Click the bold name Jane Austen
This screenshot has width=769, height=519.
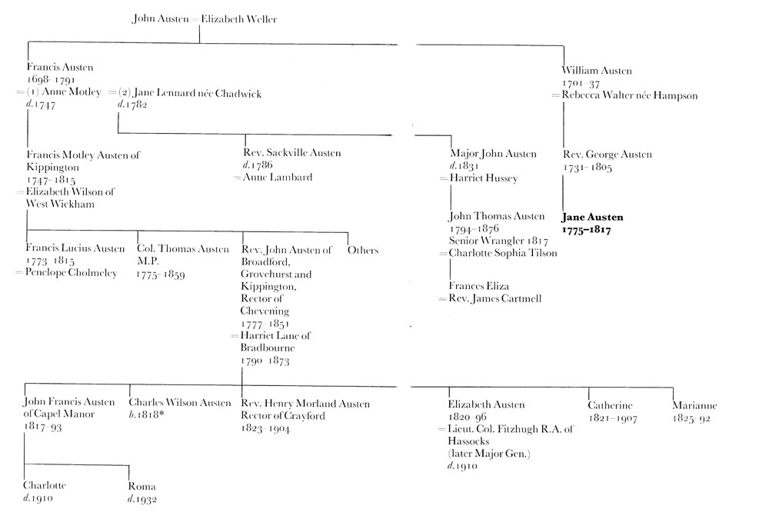pos(592,218)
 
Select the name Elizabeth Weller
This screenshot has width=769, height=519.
pos(239,19)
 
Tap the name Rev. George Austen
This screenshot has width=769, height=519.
pos(608,155)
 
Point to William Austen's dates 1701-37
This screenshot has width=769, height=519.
pos(581,83)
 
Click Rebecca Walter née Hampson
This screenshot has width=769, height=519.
pos(630,95)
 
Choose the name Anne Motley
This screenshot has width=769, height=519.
pos(72,92)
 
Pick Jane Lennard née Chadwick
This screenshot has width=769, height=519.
pos(198,93)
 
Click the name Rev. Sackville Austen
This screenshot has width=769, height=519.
pos(291,152)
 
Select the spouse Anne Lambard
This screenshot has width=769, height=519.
pos(278,177)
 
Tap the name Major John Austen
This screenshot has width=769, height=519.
pos(494,154)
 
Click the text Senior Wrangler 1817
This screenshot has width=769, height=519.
pos(498,241)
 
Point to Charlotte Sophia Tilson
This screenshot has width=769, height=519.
pos(503,253)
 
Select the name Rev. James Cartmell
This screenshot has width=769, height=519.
pos(494,298)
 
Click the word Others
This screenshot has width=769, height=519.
pos(363,250)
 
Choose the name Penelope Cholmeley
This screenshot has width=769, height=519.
pos(71,273)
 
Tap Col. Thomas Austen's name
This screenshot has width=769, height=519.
pos(183,249)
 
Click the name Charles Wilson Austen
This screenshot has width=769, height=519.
pos(180,403)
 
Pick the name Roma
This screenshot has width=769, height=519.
pos(141,487)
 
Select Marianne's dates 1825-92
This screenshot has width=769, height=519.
pos(691,418)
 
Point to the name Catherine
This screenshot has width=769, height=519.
pos(610,406)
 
